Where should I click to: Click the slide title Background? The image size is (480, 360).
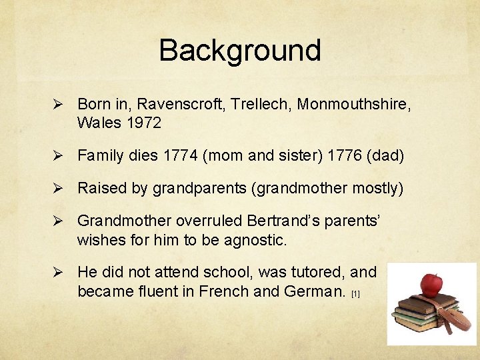coord(240,50)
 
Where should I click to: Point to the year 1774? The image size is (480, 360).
coord(181,156)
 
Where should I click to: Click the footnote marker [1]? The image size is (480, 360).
coord(355,294)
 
